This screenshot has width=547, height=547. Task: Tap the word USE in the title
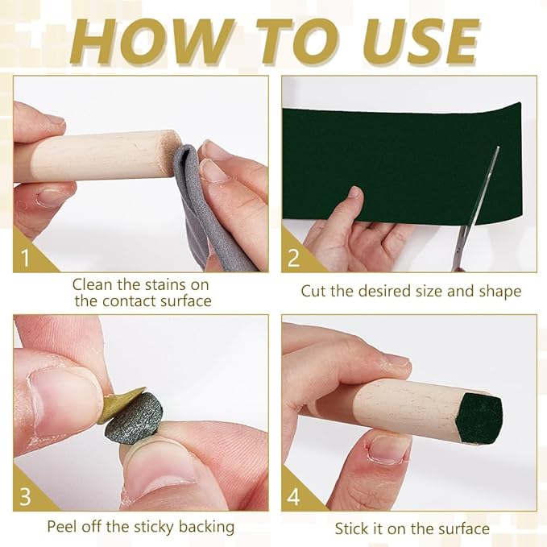422,42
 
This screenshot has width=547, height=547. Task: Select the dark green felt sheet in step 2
401,164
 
